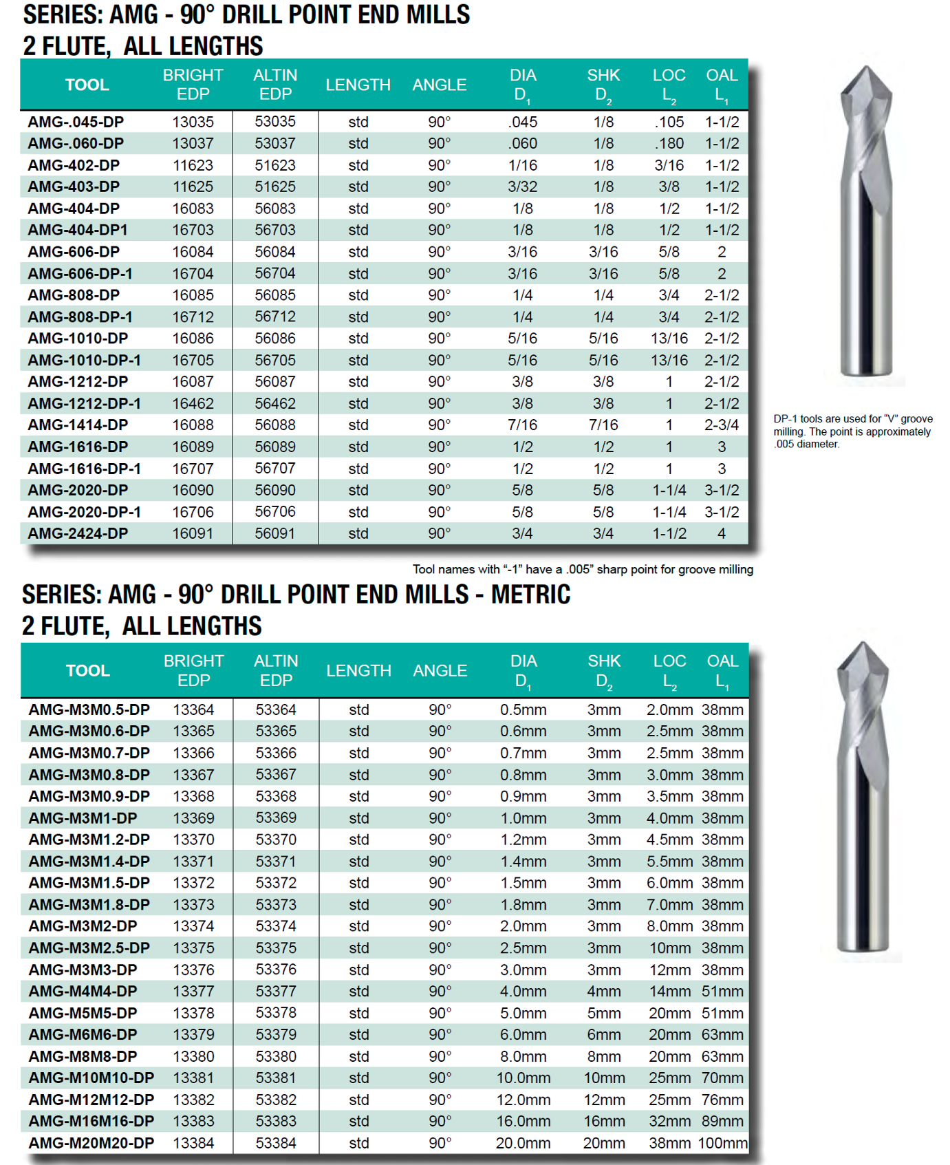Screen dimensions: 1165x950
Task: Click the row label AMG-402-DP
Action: tap(74, 165)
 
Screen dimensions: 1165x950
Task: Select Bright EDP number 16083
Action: tap(193, 209)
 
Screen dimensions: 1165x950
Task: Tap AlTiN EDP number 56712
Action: tap(275, 317)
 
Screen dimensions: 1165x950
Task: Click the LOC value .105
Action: tap(669, 122)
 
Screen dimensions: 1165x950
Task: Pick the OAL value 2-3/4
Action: tap(721, 425)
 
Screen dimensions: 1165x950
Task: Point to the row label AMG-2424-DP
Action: tap(78, 533)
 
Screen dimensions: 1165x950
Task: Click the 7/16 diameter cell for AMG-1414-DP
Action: tap(522, 425)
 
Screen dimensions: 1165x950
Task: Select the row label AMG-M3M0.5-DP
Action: tap(89, 709)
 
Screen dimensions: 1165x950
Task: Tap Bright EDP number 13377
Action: tap(193, 991)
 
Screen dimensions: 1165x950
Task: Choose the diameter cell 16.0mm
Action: tap(523, 1121)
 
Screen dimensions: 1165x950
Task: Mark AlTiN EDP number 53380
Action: tap(276, 1056)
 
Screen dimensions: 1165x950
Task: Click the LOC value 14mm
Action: tap(669, 991)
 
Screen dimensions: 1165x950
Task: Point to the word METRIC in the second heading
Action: tap(530, 595)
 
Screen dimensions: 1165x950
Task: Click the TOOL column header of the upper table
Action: tap(87, 85)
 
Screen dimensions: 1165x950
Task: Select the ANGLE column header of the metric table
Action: tap(440, 670)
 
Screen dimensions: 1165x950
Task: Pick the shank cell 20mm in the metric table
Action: tap(604, 1143)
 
